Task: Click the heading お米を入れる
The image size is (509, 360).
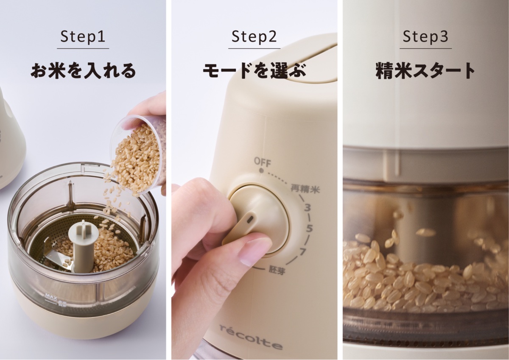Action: pos(83,71)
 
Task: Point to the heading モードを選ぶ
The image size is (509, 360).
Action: pos(254,71)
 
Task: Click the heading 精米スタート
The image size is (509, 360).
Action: pos(425,71)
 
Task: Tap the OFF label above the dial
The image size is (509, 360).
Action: pos(262,162)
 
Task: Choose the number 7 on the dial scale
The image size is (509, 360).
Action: pos(303,252)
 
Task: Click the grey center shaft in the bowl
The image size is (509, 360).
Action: pos(80,246)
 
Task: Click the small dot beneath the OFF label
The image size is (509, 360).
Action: pos(261,171)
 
